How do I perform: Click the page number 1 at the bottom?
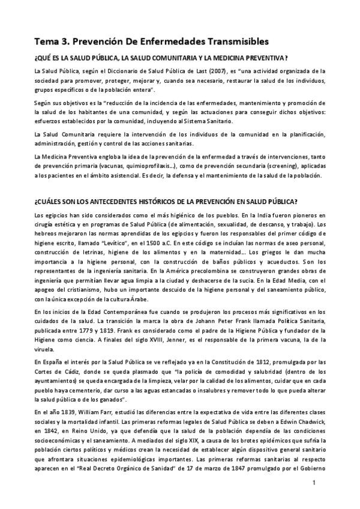tap(314, 483)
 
